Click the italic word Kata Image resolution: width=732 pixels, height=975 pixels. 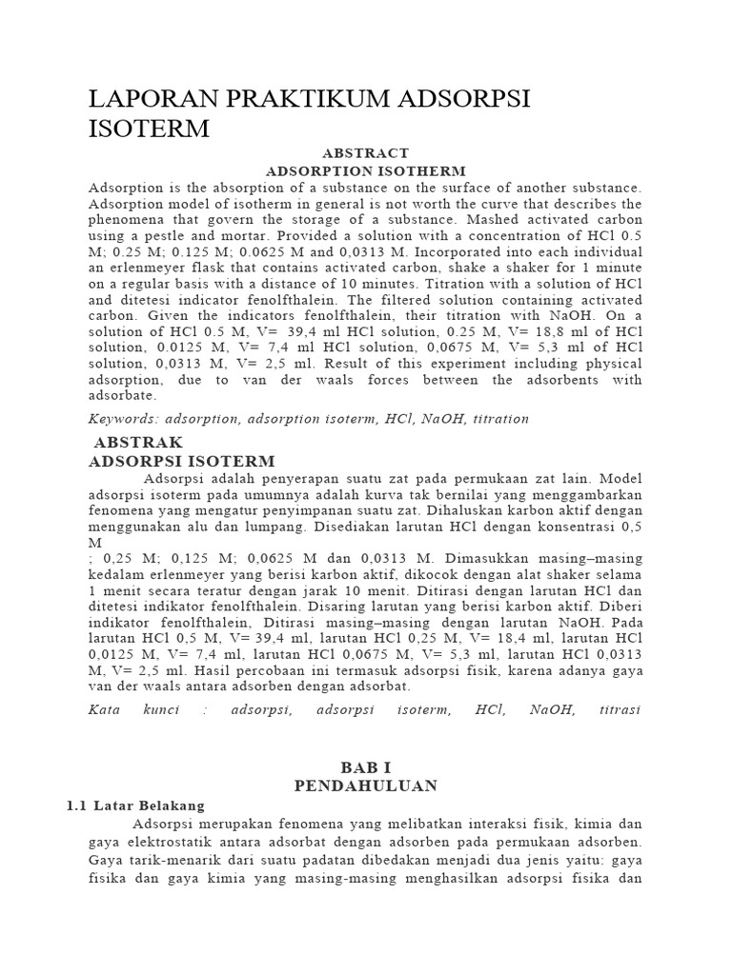point(106,709)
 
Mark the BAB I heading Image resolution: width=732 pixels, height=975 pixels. point(366,767)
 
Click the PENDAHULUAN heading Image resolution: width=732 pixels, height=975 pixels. point(366,786)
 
